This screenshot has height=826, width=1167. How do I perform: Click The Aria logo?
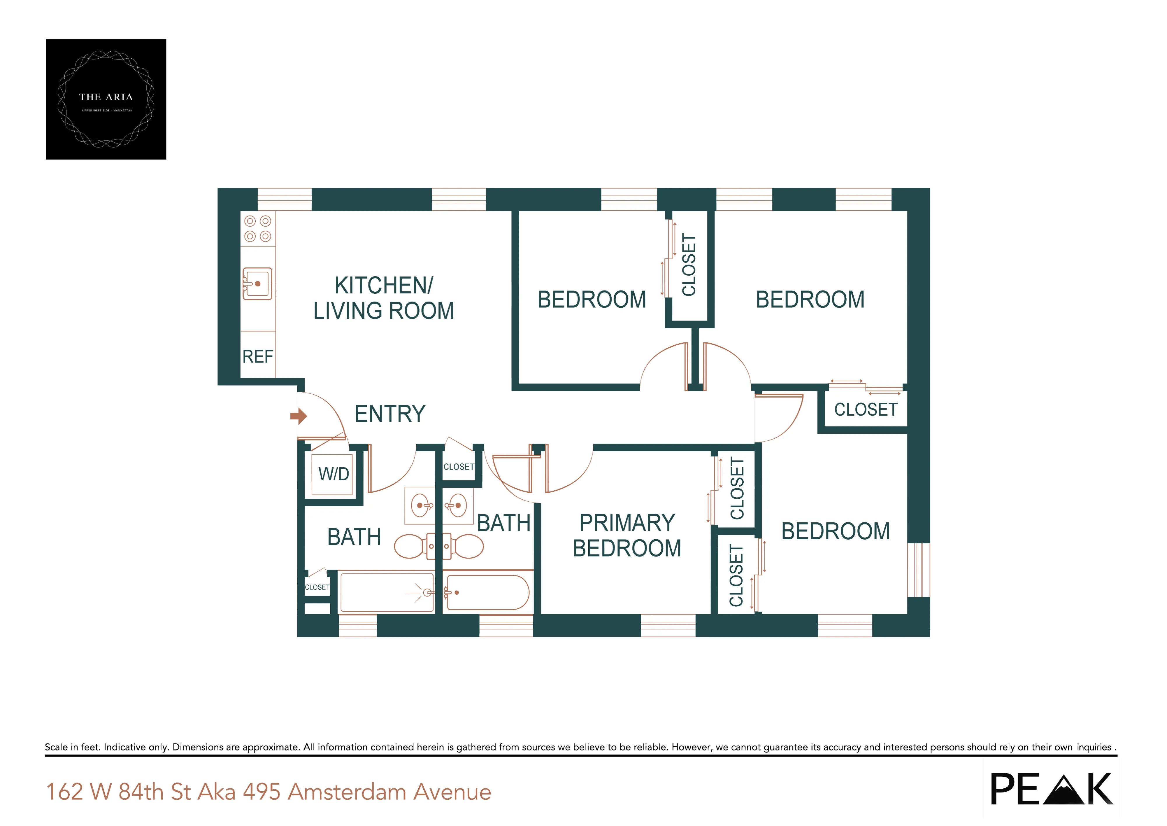[x=106, y=99]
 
